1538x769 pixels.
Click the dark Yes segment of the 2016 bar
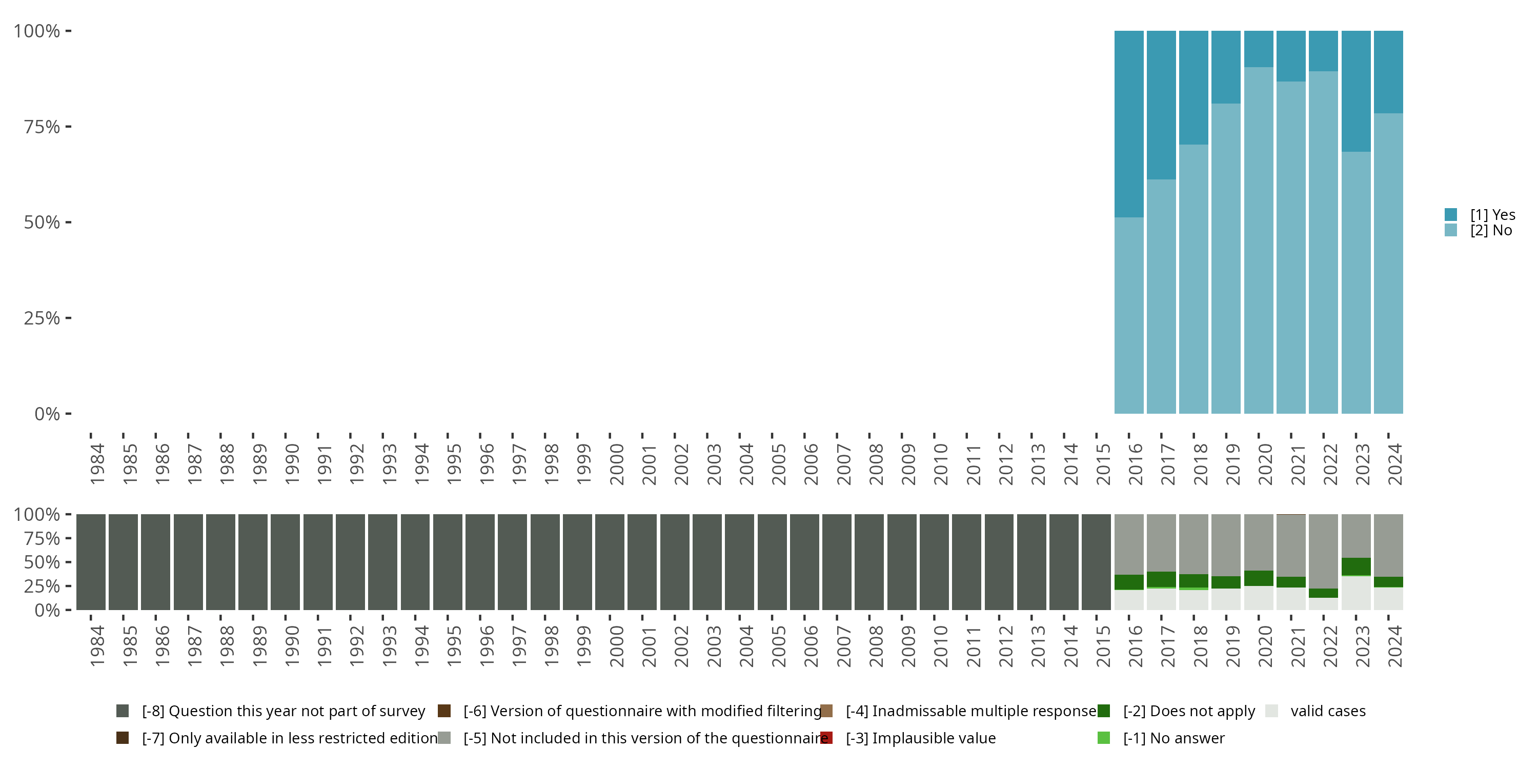coord(1129,124)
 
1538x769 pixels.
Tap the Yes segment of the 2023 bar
coord(1356,91)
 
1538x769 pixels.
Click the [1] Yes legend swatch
coord(1451,214)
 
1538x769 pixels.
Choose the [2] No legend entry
coord(1490,231)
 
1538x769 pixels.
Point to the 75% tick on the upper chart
coord(68,127)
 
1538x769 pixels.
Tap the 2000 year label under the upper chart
coord(616,464)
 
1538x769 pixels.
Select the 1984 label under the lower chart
coord(97,646)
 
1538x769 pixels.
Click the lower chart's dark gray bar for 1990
coord(286,562)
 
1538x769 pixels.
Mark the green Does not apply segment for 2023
coord(1356,566)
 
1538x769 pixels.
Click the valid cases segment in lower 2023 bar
coord(1356,593)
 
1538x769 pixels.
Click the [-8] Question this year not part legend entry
coord(283,711)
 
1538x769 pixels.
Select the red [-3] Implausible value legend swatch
coord(826,738)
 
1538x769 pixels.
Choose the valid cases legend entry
coord(1327,711)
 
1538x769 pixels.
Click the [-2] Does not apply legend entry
coord(1188,711)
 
